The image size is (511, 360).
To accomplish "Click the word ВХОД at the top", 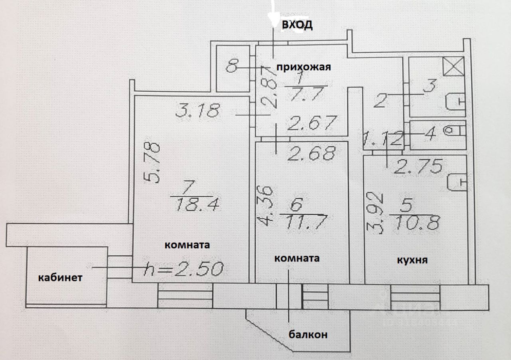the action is click(297, 25).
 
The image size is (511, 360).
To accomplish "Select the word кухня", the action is click(412, 260).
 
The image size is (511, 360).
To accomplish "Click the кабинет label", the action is click(60, 278).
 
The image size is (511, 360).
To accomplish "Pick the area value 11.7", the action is click(305, 220).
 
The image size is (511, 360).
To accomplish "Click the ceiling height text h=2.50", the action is click(184, 270).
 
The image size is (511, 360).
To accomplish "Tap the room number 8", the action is click(231, 66).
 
